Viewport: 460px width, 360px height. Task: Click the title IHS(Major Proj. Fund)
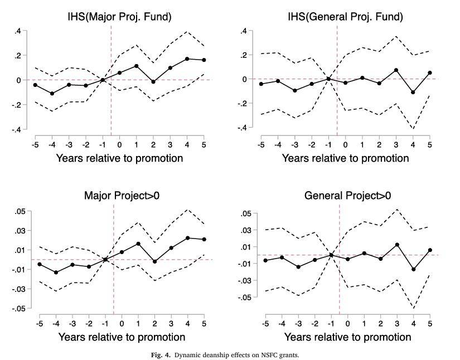(x=119, y=17)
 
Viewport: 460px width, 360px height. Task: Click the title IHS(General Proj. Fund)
(x=345, y=17)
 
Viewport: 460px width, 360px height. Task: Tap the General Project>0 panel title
(x=347, y=196)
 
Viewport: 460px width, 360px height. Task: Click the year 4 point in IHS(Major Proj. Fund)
(x=187, y=59)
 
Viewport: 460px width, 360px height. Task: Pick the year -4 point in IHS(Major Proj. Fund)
(x=52, y=94)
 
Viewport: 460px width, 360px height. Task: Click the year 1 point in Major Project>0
(x=138, y=244)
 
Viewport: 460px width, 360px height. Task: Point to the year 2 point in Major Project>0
(x=154, y=261)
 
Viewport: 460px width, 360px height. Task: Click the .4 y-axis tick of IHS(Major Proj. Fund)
(x=18, y=31)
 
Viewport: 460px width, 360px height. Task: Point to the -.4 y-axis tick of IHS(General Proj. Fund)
(x=243, y=128)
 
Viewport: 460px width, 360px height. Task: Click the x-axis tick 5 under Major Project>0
(x=204, y=323)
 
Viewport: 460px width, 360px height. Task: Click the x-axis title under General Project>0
(x=347, y=337)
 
